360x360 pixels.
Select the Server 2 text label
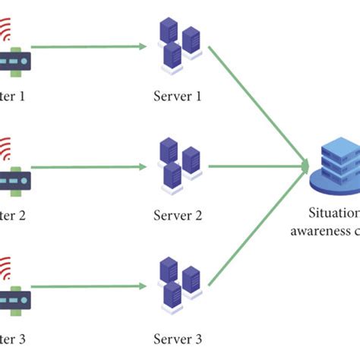(x=177, y=215)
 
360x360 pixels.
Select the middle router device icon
(x=14, y=181)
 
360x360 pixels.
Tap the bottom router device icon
(x=14, y=301)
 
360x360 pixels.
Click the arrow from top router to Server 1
(x=87, y=46)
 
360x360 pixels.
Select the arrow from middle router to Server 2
(x=87, y=166)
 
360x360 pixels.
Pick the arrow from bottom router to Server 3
(x=87, y=286)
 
